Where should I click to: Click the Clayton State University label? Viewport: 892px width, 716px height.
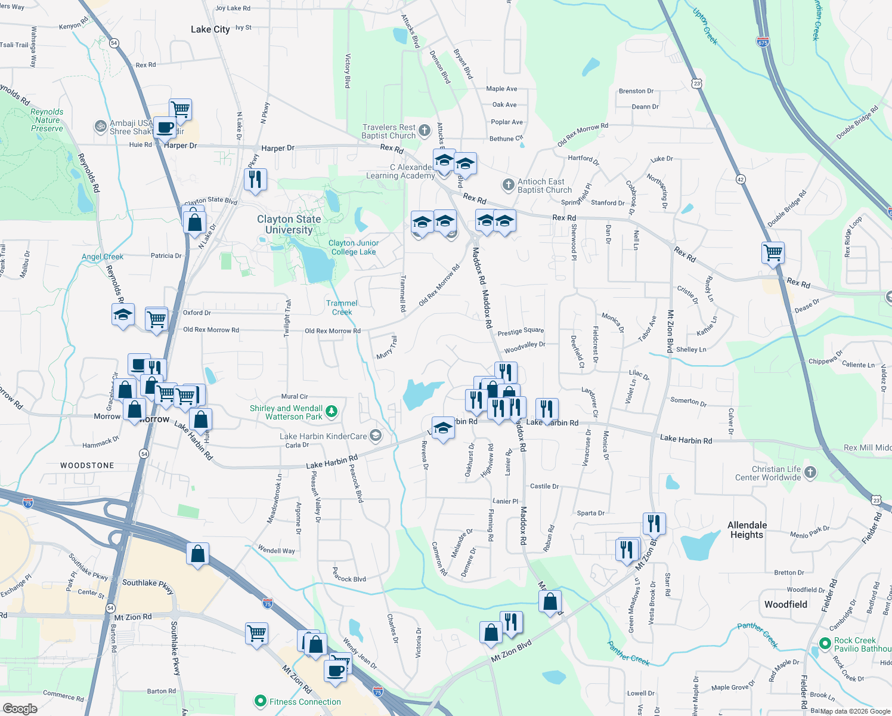289,224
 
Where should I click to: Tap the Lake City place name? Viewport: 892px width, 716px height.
210,29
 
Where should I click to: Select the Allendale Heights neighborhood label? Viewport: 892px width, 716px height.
747,530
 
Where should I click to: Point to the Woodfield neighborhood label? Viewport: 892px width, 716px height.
785,604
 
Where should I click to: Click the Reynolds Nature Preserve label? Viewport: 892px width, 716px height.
47,120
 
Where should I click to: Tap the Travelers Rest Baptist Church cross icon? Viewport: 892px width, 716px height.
424,131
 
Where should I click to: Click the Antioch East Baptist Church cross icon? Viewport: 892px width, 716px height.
508,185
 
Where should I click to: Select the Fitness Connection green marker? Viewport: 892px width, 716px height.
260,701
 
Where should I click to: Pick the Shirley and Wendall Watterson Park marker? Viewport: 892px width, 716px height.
332,411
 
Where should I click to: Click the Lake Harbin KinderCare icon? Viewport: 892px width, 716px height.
375,436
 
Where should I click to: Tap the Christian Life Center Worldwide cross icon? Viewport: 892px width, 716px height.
810,473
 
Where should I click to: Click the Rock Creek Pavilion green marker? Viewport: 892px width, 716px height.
825,644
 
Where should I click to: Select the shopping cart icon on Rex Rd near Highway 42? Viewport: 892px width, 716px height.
773,252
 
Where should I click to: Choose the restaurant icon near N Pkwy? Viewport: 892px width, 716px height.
255,179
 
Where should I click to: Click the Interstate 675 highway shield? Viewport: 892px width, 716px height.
763,42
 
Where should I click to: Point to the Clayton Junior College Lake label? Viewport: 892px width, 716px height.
354,248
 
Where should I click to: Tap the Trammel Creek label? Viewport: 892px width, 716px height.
342,307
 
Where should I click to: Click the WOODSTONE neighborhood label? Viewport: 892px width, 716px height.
87,465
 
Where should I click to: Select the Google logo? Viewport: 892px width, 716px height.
20,708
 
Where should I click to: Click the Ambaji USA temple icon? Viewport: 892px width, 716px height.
100,126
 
